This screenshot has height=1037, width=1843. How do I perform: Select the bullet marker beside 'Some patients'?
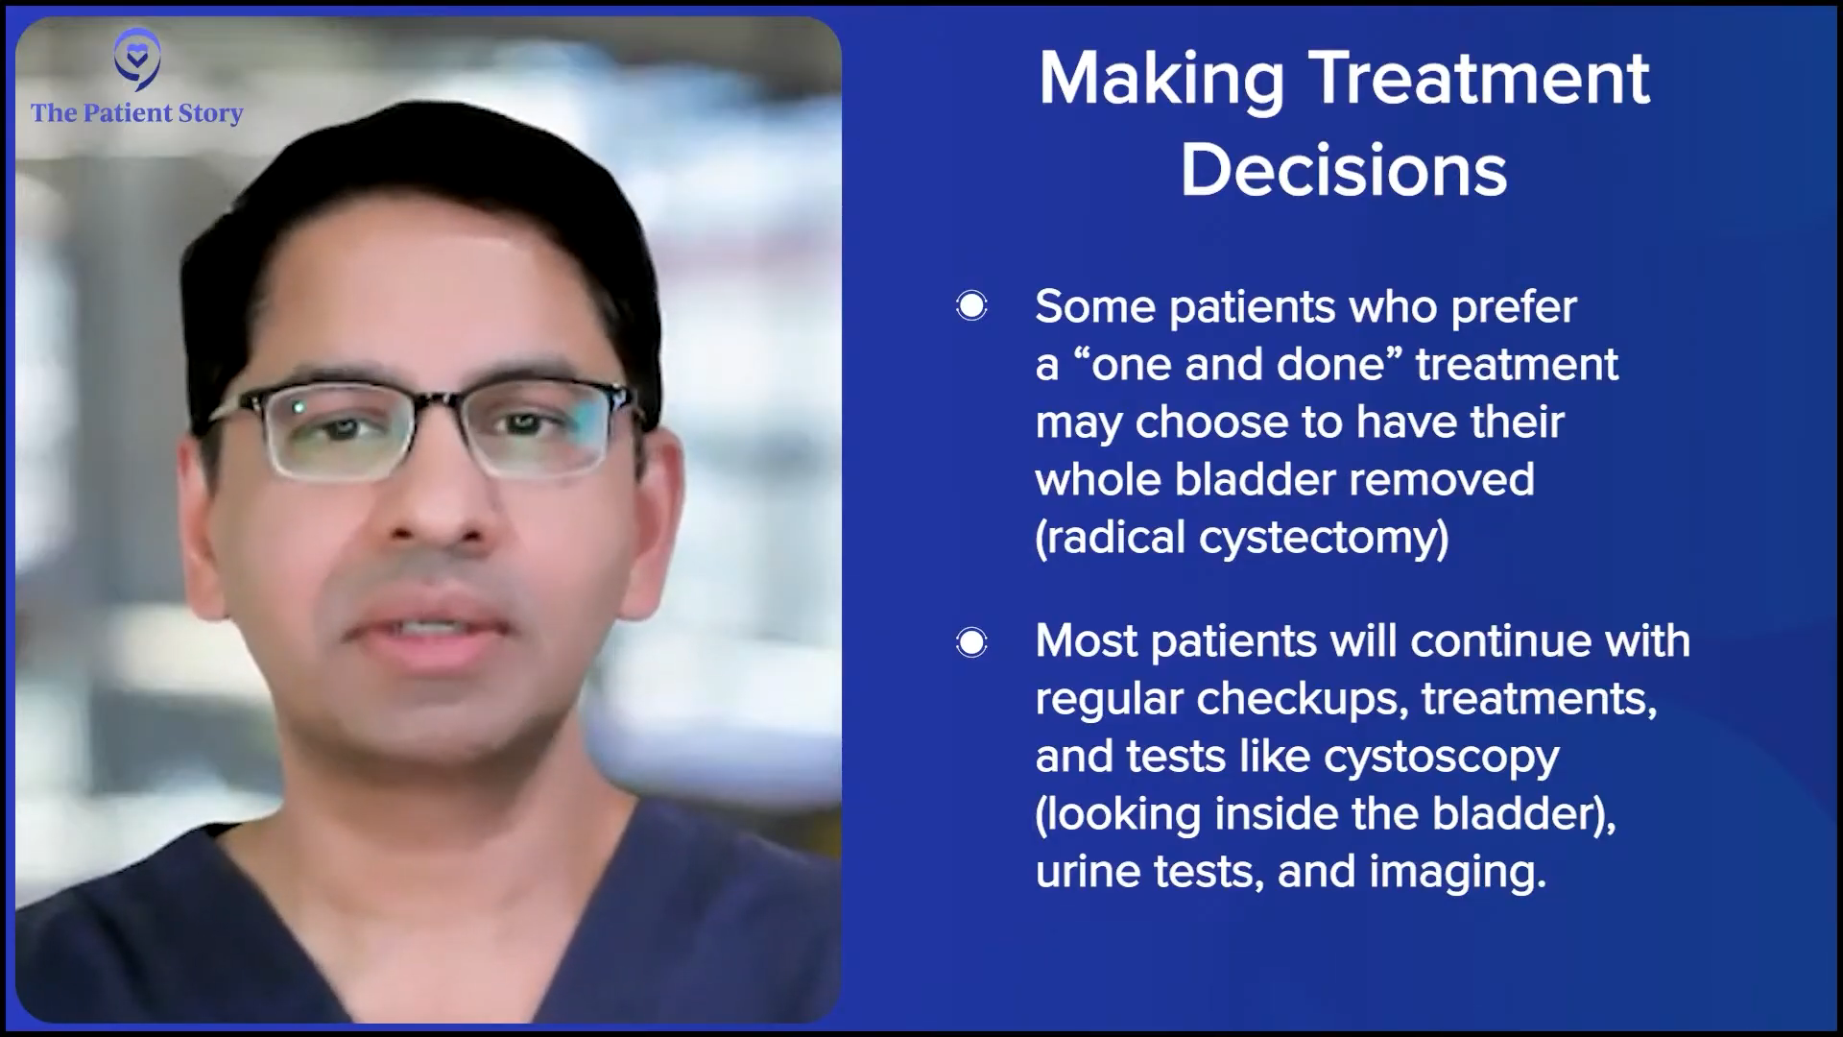[971, 306]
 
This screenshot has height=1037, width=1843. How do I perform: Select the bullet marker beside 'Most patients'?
[971, 641]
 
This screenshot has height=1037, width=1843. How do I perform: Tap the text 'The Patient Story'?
[137, 113]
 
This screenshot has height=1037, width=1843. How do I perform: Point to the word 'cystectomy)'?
[1324, 538]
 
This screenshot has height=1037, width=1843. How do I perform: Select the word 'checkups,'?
[1303, 700]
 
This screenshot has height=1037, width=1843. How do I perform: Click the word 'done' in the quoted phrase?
[1347, 364]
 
